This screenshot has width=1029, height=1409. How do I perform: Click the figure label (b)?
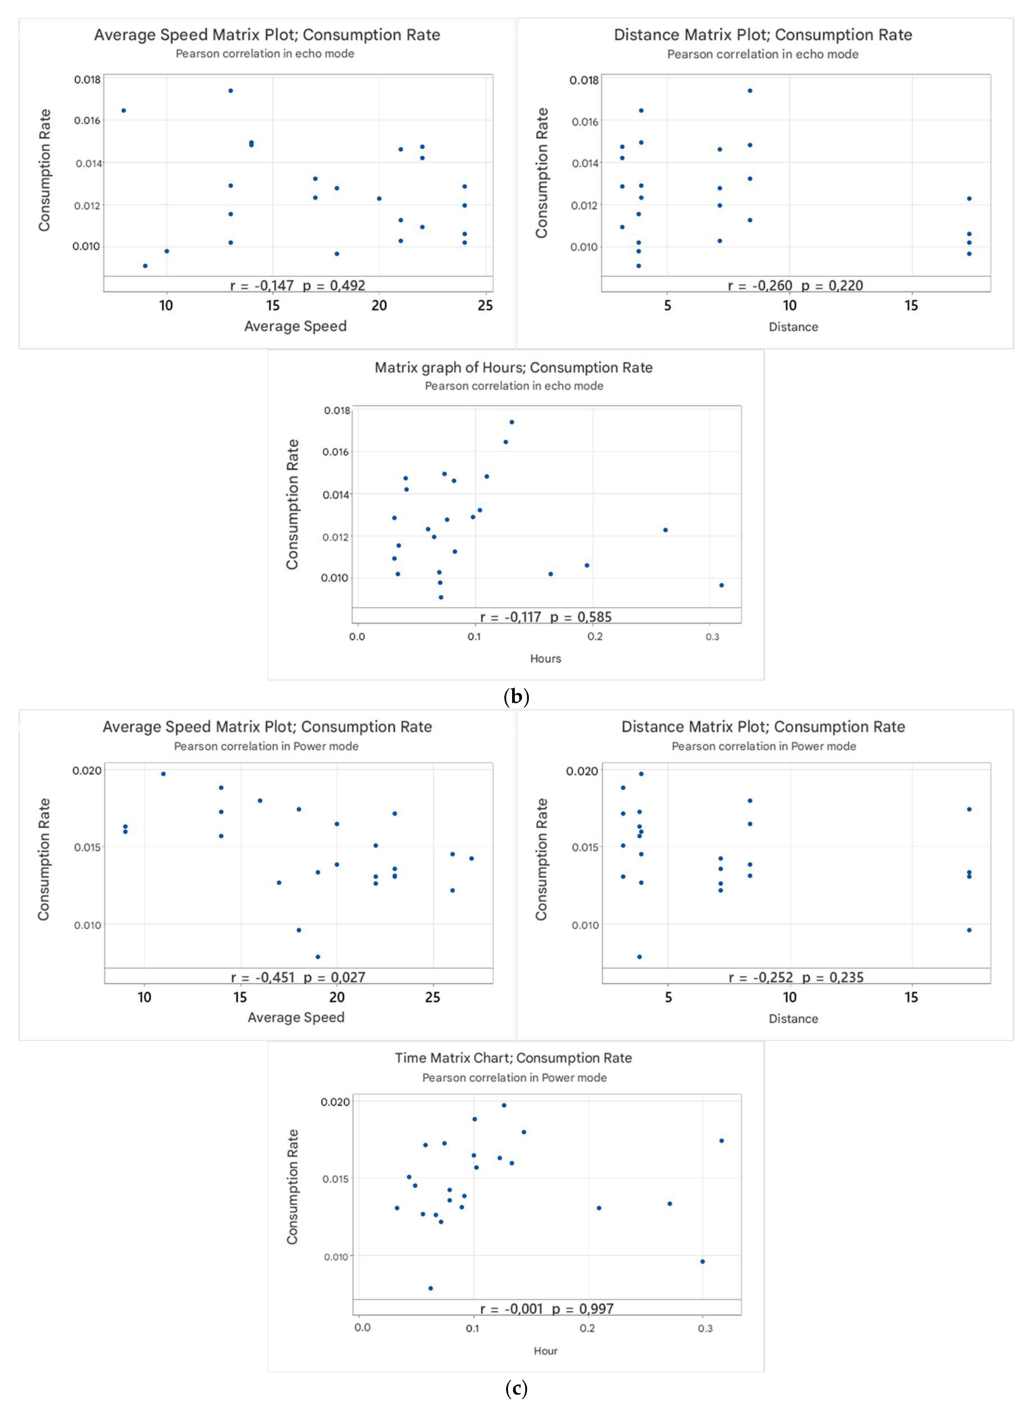point(516,696)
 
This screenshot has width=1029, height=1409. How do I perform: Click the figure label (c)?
point(516,1388)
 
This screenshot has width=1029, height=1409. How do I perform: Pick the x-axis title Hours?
point(546,658)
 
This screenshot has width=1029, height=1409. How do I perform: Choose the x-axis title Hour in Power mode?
point(546,1350)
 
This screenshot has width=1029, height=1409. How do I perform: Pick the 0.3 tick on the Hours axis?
point(712,637)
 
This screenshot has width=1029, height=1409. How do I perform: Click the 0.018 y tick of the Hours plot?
point(337,411)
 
